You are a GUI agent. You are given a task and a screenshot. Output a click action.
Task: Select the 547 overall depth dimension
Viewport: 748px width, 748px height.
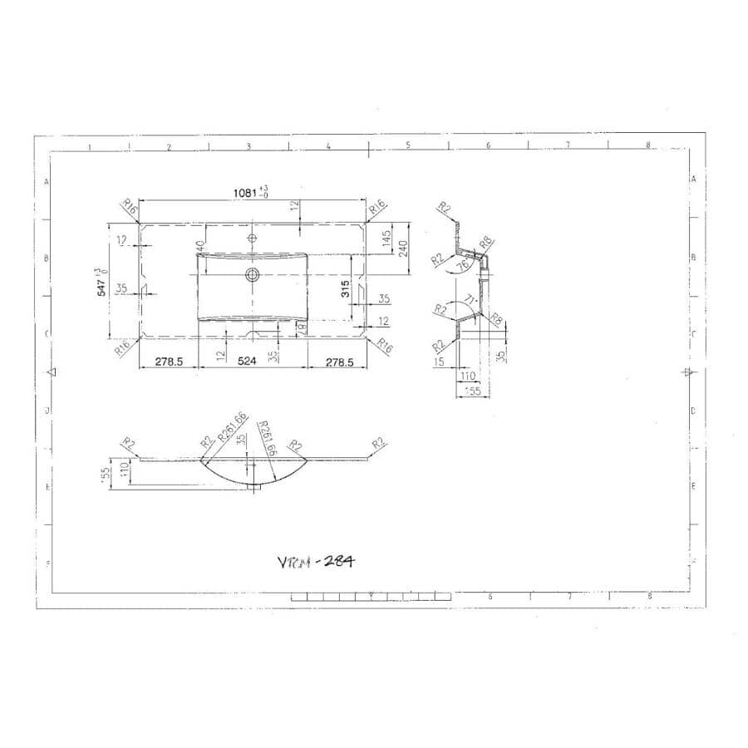101,283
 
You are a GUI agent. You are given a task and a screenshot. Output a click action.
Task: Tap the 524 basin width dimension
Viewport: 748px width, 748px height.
247,362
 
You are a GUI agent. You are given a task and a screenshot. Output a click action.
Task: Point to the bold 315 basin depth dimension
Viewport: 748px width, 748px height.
345,289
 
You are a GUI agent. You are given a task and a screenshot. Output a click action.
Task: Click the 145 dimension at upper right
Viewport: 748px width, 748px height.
386,238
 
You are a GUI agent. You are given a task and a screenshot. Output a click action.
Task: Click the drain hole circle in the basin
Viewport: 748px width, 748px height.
253,273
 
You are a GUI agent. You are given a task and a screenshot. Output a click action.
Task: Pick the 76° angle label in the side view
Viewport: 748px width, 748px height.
463,264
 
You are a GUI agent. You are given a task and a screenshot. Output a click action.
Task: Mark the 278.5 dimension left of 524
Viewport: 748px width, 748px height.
169,362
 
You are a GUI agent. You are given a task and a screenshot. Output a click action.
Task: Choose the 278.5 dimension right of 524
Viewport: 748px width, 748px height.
339,362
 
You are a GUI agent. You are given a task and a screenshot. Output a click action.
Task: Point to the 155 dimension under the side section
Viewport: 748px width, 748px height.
472,390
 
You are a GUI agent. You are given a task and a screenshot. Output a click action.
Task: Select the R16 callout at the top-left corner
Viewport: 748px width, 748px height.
129,207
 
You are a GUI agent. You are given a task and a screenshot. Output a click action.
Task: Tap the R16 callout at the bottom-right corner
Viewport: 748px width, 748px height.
385,347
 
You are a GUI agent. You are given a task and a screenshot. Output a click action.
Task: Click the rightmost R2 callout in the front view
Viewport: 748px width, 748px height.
379,444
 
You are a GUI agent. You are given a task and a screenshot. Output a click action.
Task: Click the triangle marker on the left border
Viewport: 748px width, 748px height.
52,372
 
